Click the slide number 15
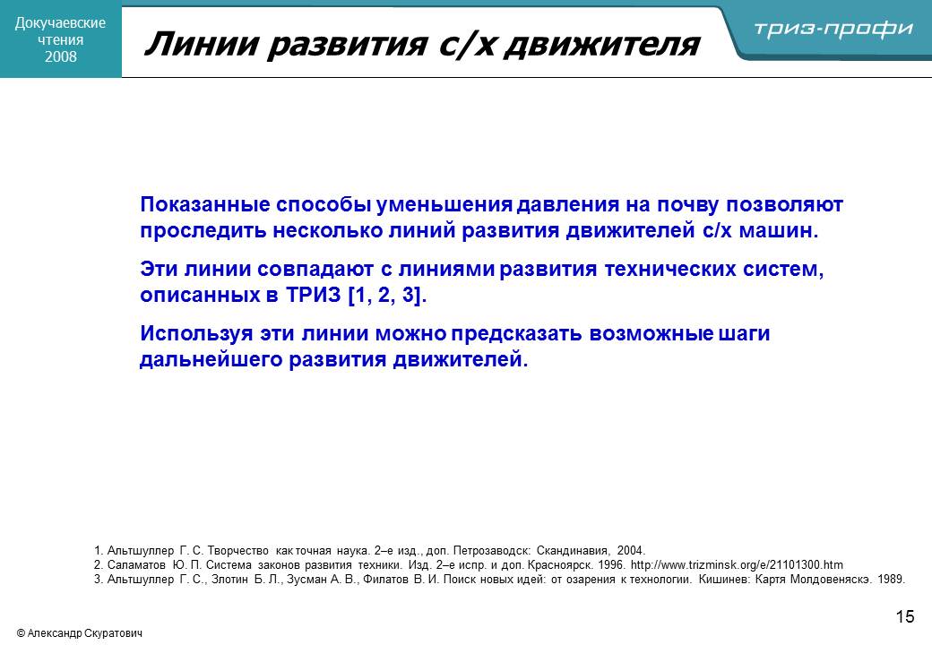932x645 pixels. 904,616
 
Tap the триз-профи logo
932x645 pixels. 833,29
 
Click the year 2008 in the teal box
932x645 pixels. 61,56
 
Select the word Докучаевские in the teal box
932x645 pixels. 60,23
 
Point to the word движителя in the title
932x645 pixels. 601,45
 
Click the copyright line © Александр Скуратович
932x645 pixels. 80,633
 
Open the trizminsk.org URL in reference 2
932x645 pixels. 737,564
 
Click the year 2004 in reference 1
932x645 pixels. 630,551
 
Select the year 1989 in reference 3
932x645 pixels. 891,579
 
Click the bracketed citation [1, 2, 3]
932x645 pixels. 387,296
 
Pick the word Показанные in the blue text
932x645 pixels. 204,204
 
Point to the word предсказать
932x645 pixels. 516,334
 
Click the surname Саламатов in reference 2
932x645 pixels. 136,564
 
